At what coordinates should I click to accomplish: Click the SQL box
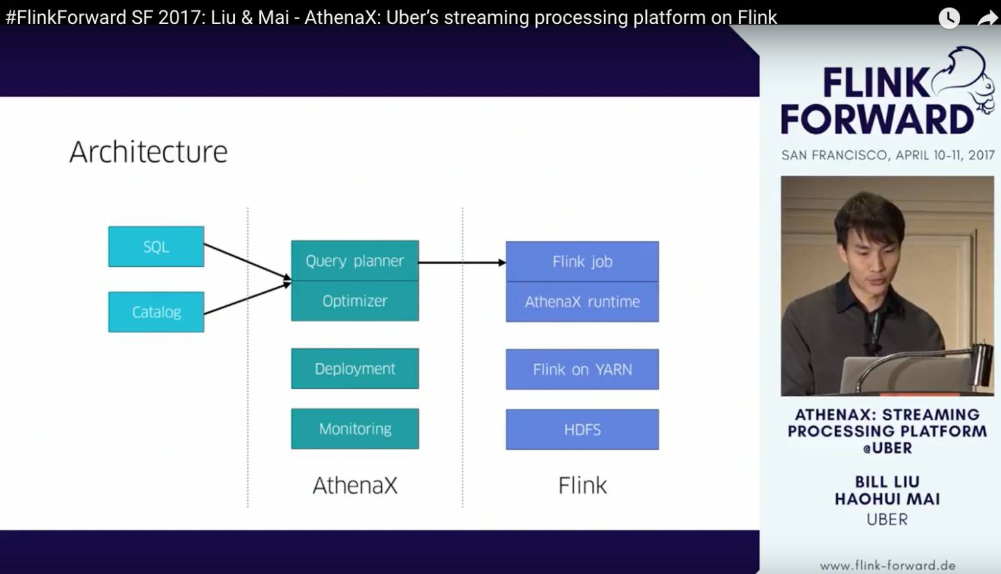(156, 247)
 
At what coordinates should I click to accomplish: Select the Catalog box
(156, 312)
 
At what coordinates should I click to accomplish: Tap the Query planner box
(355, 261)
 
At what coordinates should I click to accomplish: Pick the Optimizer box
(355, 301)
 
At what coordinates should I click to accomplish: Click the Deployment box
(355, 369)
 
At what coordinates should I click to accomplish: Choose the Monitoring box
(355, 429)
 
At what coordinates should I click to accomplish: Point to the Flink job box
(582, 262)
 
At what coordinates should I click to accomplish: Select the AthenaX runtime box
(582, 302)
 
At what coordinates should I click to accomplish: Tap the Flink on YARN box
(582, 370)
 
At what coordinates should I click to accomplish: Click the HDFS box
(582, 430)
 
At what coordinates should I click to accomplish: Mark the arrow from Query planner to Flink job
(462, 262)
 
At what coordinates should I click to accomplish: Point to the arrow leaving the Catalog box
(246, 299)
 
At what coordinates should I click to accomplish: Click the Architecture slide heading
(148, 152)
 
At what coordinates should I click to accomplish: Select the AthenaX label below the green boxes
(355, 485)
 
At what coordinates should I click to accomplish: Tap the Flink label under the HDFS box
(582, 485)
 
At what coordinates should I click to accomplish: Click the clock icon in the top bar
(949, 17)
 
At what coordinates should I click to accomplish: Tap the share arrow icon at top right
(987, 19)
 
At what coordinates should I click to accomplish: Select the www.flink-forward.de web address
(887, 566)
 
